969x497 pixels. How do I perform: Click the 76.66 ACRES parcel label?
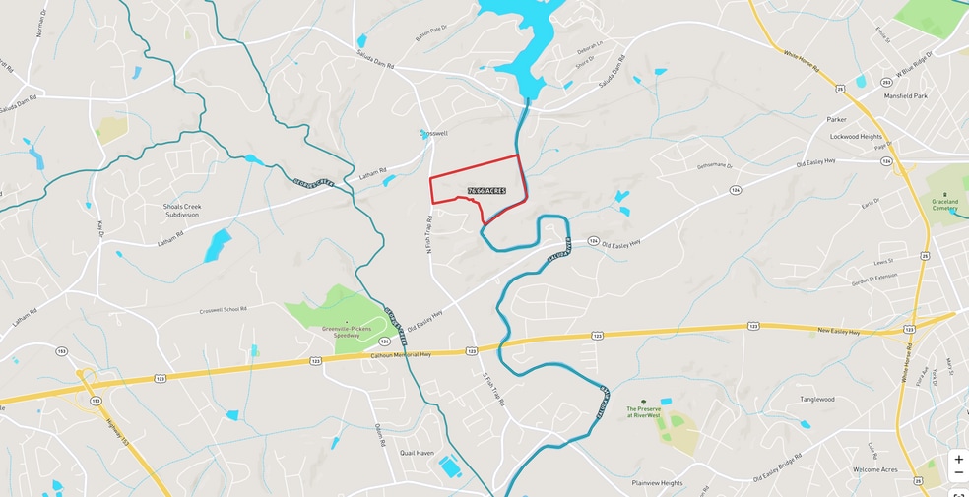[x=486, y=190]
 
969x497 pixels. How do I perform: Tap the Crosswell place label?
[x=433, y=133]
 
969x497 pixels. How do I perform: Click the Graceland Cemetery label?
[x=944, y=204]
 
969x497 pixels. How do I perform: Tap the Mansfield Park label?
[x=906, y=96]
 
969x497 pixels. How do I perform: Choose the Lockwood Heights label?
[x=856, y=137]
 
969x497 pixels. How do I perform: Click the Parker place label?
[x=836, y=119]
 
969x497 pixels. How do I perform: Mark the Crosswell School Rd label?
[x=225, y=311]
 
